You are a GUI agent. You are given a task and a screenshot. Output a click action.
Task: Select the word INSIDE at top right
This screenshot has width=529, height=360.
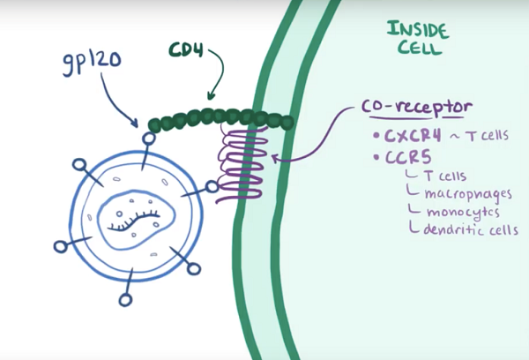(417, 28)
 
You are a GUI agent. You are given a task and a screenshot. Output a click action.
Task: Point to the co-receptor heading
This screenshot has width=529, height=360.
(416, 108)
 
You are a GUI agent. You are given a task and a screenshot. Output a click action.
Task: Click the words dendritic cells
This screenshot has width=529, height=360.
(466, 230)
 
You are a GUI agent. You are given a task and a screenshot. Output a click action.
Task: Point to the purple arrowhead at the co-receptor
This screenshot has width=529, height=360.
(276, 159)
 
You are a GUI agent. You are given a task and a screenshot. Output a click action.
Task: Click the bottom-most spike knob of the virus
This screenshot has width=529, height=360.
(125, 300)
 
